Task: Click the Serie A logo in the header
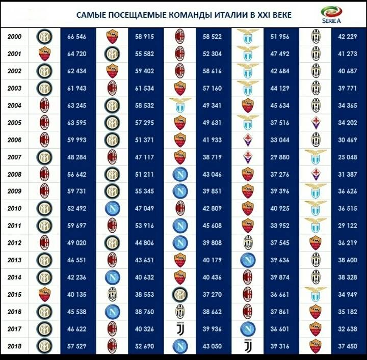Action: pos(331,15)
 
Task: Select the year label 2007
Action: pos(14,157)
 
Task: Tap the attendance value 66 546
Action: pos(76,37)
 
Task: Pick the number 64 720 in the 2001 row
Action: pos(76,54)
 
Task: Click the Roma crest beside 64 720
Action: pos(44,54)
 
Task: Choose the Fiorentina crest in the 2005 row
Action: pos(316,123)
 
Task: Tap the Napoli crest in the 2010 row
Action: pos(112,208)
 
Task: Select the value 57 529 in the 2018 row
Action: pos(76,346)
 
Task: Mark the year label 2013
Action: pos(14,260)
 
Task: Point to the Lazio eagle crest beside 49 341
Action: pos(179,105)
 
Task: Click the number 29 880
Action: pos(279,157)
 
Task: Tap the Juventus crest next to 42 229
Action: pos(316,37)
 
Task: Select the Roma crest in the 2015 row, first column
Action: pos(44,294)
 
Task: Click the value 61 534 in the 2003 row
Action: pos(145,88)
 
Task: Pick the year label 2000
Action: pos(14,37)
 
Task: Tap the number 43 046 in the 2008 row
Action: pos(212,174)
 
